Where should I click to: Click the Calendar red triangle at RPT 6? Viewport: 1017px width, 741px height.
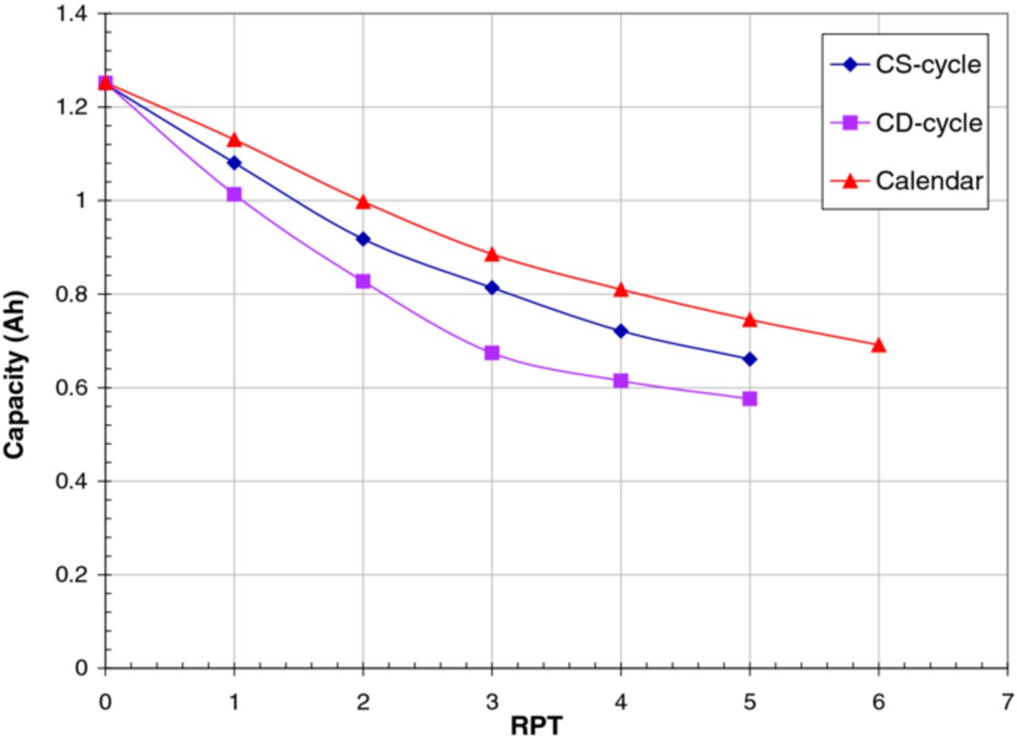(878, 345)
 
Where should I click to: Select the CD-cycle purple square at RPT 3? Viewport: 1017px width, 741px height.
(492, 353)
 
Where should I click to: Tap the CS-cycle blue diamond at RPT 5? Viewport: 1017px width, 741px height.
(749, 359)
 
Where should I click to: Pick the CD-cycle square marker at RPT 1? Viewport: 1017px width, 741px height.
(234, 194)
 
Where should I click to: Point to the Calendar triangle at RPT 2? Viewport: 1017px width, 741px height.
(363, 202)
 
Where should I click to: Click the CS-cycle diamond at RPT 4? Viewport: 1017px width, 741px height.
(621, 330)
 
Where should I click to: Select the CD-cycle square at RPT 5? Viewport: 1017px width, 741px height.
(749, 399)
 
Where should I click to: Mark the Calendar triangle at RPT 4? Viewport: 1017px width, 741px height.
(621, 289)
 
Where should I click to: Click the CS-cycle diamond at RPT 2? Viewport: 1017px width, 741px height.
(363, 239)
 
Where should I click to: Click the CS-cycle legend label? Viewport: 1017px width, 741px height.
(928, 65)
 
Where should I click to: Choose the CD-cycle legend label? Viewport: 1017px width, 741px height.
(928, 123)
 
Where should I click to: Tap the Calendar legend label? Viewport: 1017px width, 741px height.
(929, 181)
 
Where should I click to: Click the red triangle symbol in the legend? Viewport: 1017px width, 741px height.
(849, 181)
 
